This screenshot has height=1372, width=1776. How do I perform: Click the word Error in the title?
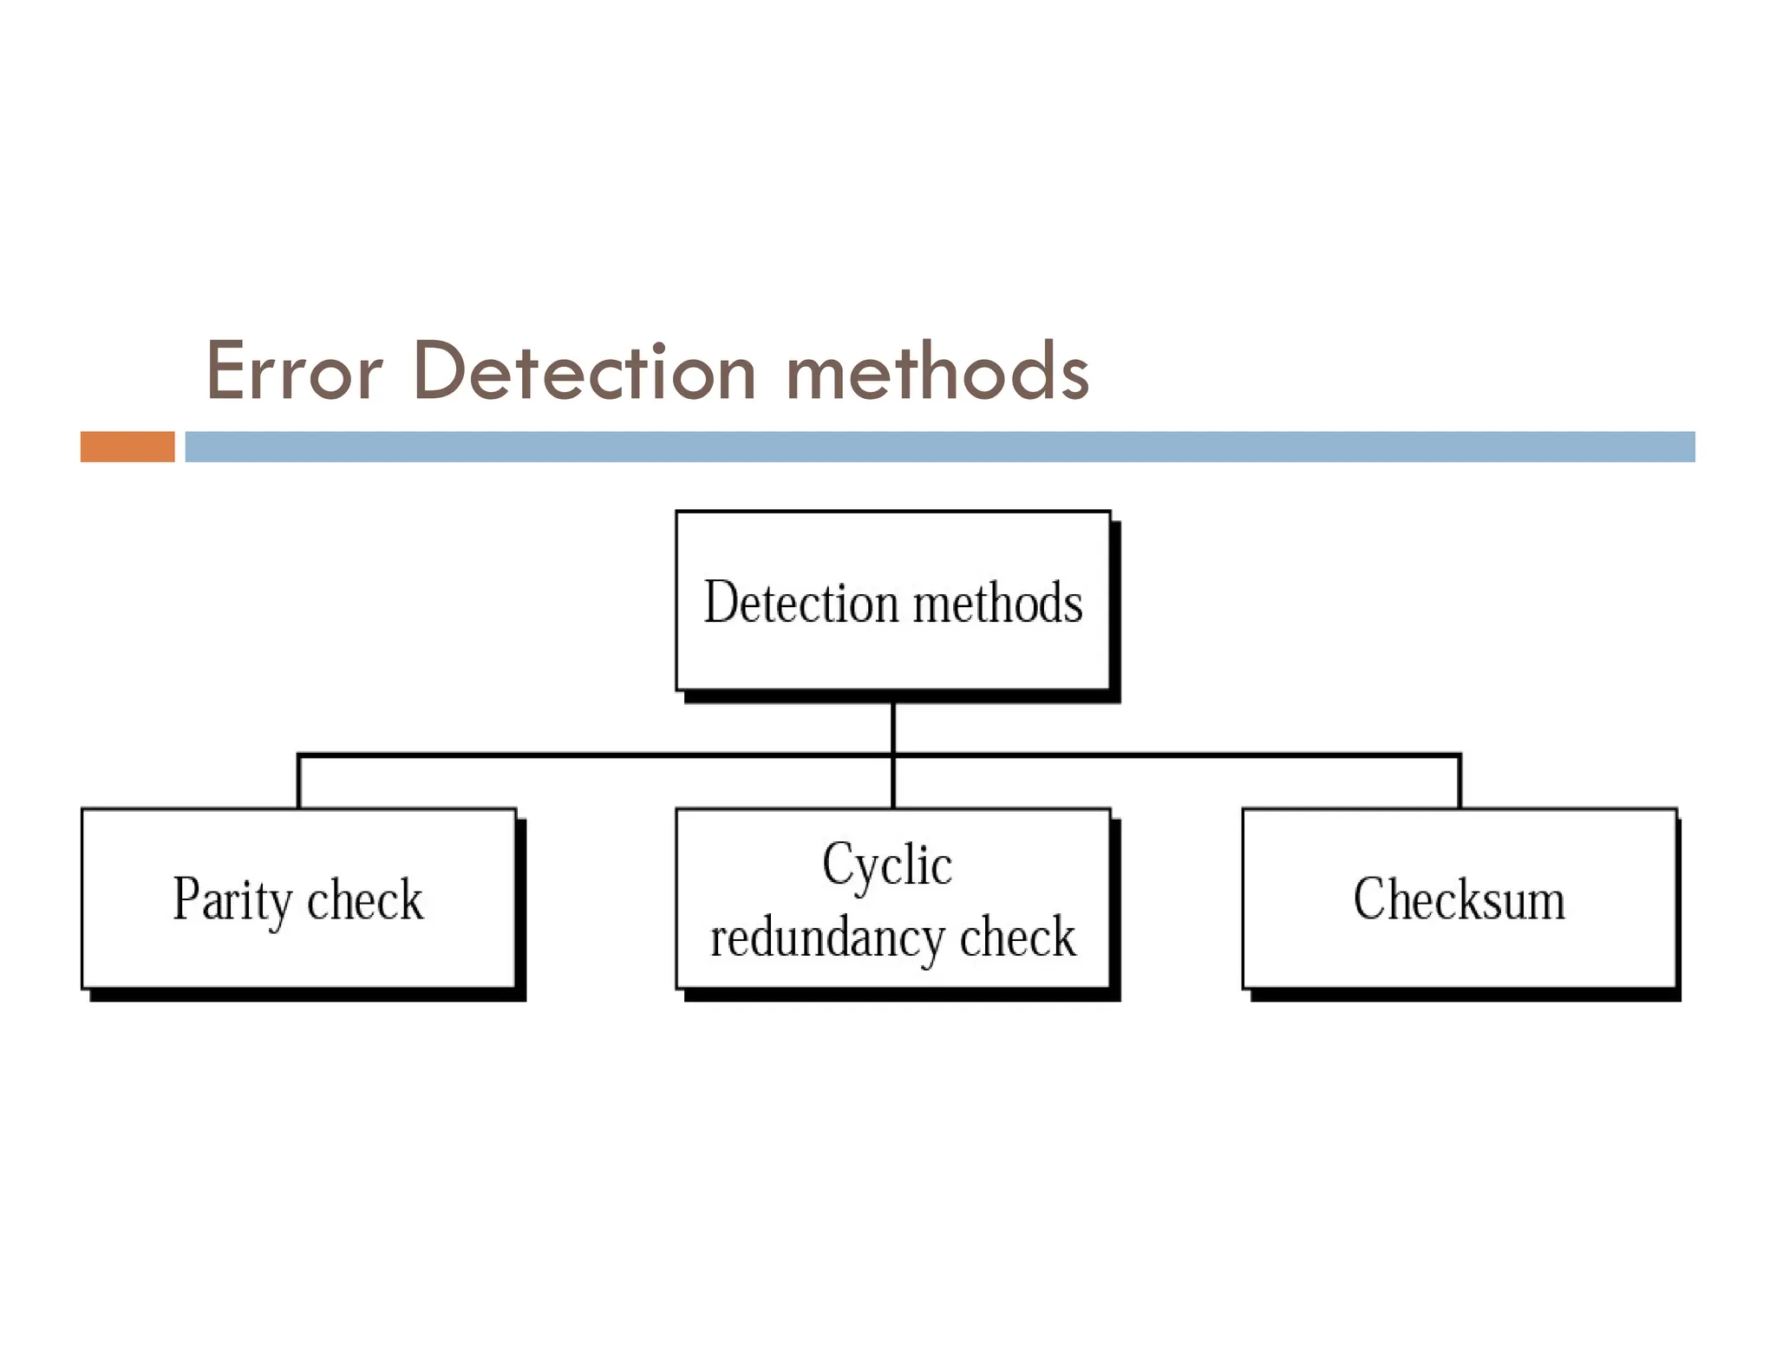293,371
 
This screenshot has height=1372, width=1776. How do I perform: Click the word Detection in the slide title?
584,371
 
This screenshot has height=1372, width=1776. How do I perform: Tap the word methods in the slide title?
937,371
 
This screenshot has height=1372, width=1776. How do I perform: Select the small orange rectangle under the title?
127,447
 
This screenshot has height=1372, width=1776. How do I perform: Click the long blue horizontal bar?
939,447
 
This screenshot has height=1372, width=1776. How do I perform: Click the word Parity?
232,900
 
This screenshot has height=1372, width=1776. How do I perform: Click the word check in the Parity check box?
364,900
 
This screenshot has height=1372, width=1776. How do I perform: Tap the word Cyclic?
886,864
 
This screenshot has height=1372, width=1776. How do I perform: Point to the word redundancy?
827,938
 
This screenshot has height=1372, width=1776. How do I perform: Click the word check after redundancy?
1017,938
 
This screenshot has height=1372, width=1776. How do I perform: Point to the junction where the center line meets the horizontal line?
892,755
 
